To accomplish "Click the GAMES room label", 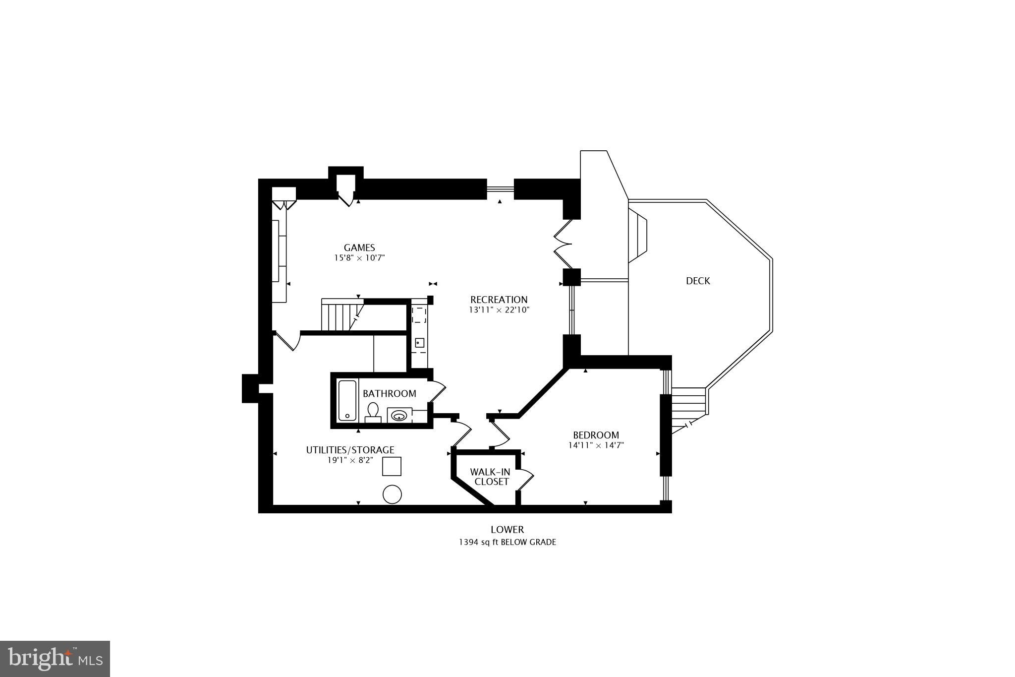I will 359,247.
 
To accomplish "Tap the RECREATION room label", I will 499,300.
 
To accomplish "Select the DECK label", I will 698,281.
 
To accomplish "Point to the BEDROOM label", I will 596,435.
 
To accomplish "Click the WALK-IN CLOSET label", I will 490,477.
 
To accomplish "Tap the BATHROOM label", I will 389,394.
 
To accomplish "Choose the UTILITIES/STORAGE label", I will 350,450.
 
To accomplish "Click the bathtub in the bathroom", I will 347,401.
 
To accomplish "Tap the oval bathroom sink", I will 399,415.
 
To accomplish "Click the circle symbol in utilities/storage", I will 392,494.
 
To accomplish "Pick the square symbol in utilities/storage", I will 392,466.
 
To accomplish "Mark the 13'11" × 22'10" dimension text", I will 499,310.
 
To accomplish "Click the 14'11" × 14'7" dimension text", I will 596,445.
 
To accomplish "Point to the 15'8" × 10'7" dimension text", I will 359,258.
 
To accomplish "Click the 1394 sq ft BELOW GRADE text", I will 507,542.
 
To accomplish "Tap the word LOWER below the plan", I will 507,530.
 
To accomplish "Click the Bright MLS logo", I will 55,659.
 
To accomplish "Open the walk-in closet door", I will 525,479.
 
